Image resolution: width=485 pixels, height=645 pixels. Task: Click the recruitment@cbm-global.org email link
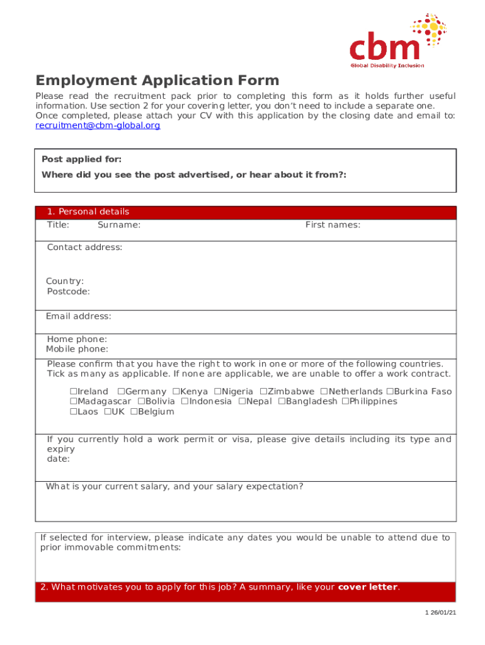pos(98,125)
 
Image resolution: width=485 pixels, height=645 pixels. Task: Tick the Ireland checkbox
pos(73,392)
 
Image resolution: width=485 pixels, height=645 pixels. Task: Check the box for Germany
pos(121,392)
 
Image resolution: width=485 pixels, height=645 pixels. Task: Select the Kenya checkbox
pos(176,392)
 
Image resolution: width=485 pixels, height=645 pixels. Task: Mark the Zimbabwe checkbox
pos(263,392)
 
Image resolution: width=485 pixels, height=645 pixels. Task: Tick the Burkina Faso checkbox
pos(389,392)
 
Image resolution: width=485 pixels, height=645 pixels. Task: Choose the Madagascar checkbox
pos(73,401)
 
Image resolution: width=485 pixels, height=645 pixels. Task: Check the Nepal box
pos(242,401)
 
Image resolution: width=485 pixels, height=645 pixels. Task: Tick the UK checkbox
pos(107,412)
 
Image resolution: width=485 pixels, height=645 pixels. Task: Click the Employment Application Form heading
pos(157,81)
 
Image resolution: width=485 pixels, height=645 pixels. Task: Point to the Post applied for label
pos(81,159)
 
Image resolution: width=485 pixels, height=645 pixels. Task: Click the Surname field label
pos(119,225)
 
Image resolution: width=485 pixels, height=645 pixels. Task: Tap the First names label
pos(333,225)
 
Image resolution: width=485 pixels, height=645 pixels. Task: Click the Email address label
pos(78,316)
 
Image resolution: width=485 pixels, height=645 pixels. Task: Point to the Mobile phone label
pos(77,349)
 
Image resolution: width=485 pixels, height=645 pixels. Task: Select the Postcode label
pos(68,292)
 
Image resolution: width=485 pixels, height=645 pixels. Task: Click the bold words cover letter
pos(368,588)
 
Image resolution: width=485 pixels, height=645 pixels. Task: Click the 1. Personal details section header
pos(88,212)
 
